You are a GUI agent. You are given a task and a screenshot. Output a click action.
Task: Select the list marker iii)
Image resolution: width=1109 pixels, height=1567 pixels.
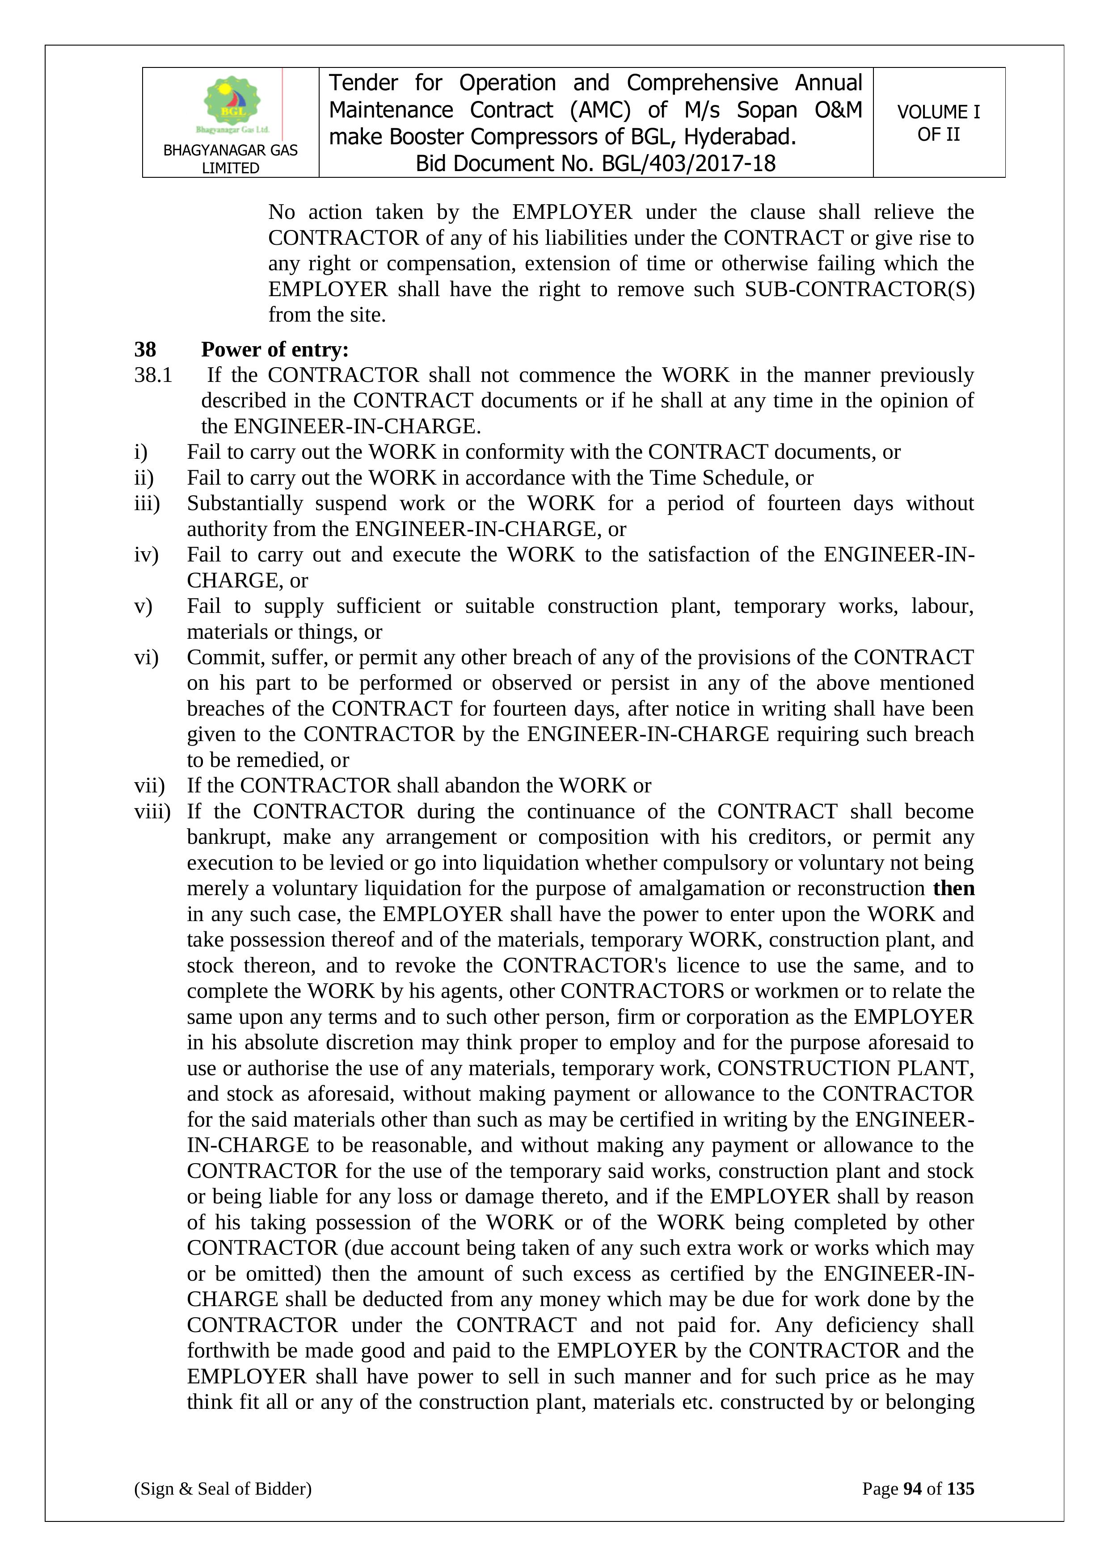pos(147,504)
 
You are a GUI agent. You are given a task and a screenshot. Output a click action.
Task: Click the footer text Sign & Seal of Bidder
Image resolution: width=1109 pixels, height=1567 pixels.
pos(223,1488)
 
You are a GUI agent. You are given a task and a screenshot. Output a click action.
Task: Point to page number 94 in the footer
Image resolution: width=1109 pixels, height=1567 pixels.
pos(912,1488)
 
